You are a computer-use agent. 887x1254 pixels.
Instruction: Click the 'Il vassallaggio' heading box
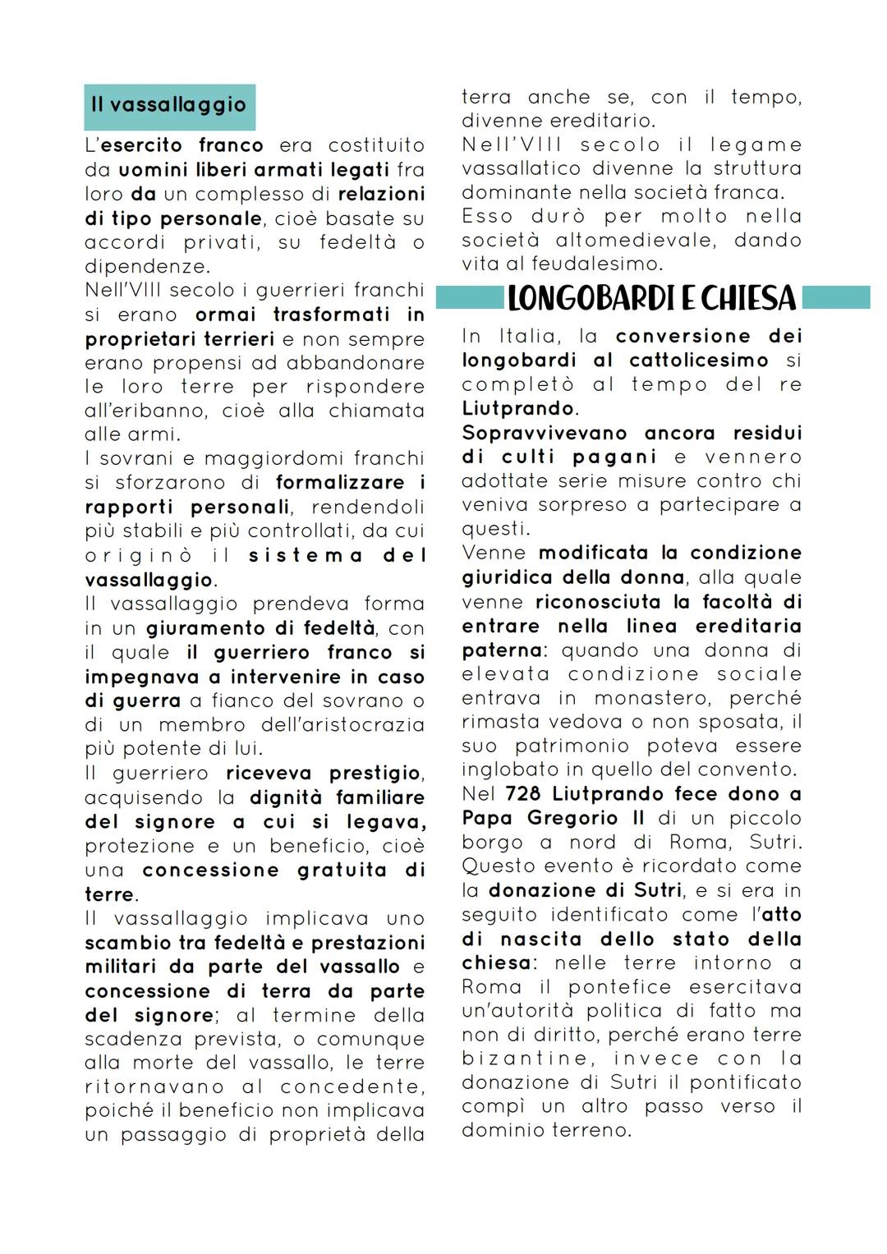pyautogui.click(x=169, y=106)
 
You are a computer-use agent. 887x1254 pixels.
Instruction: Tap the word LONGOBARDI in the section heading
pyautogui.click(x=586, y=298)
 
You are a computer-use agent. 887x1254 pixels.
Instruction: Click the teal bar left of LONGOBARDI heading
pyautogui.click(x=469, y=297)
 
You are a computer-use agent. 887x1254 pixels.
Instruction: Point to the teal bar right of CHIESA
pyautogui.click(x=835, y=297)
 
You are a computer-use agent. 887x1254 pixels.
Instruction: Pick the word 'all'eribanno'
pyautogui.click(x=132, y=411)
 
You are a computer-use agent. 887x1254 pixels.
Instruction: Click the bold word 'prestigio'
pyautogui.click(x=375, y=774)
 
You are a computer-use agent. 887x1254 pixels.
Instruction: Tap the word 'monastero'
pyautogui.click(x=653, y=698)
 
